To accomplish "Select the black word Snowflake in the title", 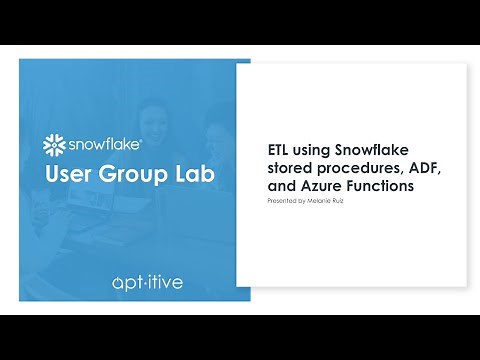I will click(x=375, y=150).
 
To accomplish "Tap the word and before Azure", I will click(x=281, y=185).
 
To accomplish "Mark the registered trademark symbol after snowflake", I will click(x=152, y=136).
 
